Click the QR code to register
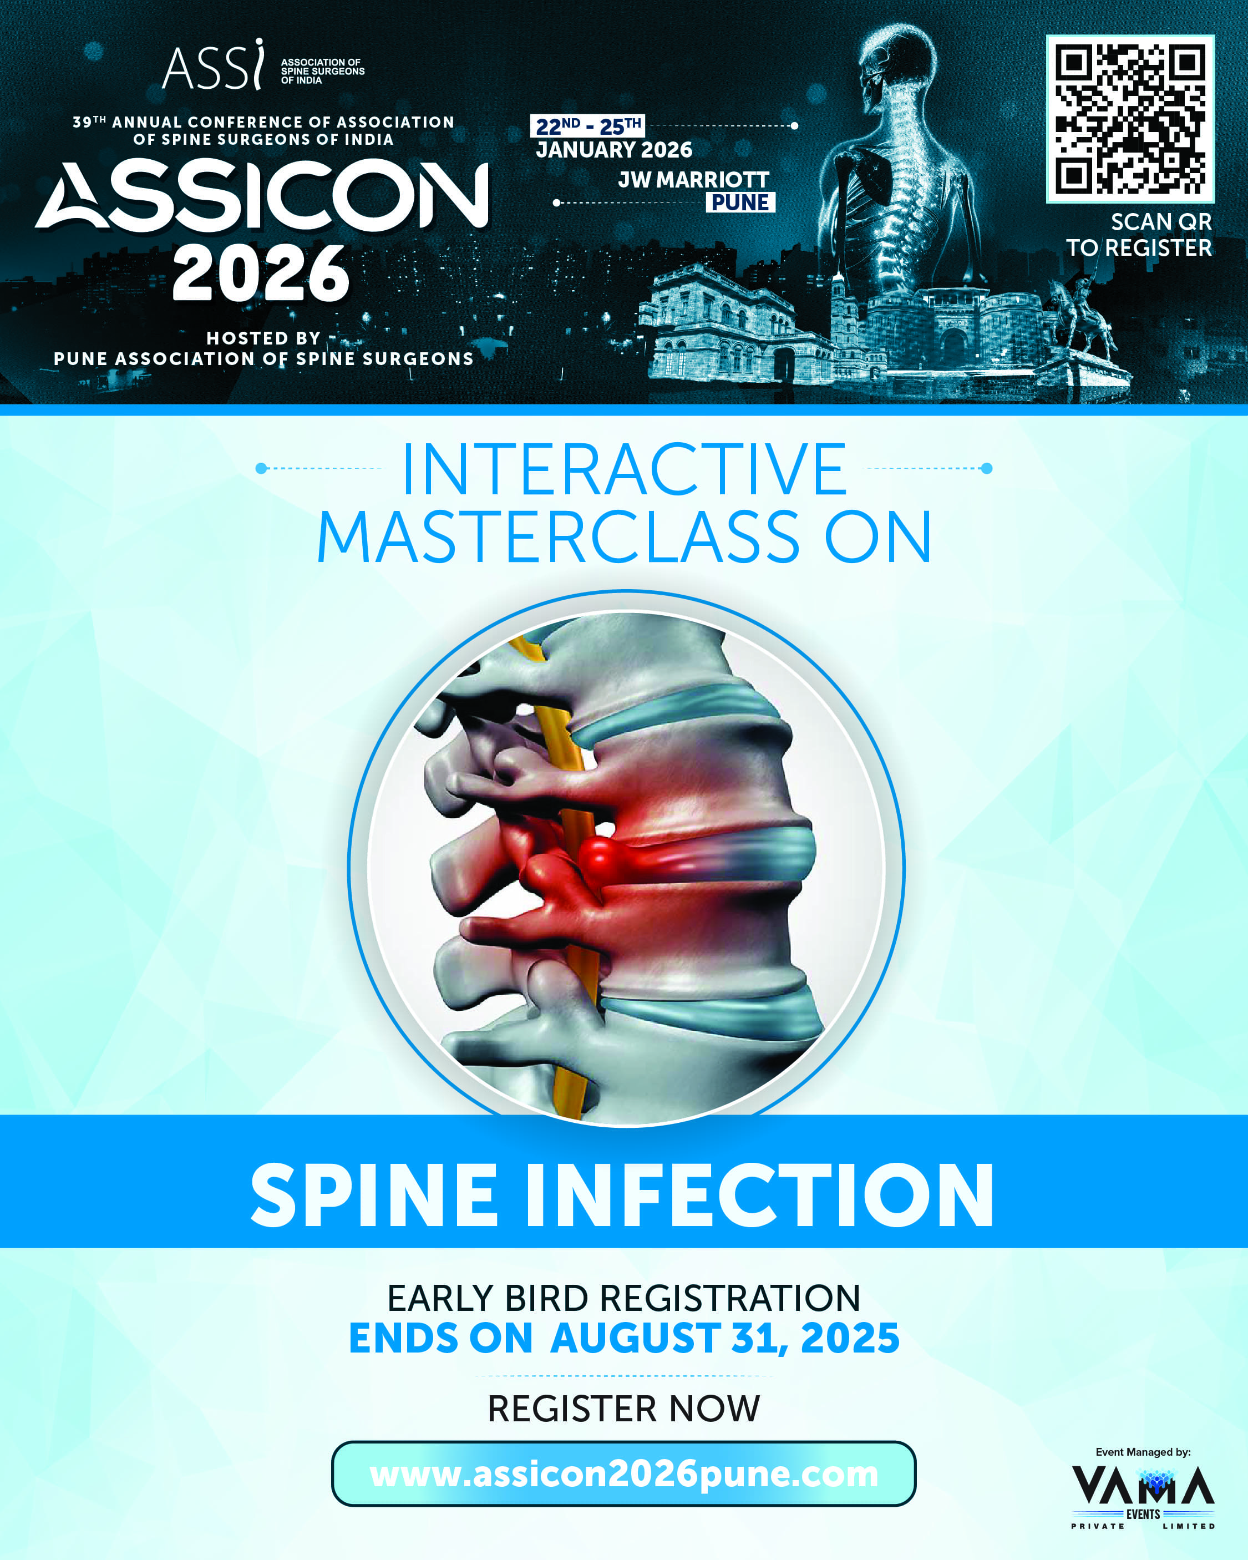[x=1130, y=119]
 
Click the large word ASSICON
[x=262, y=195]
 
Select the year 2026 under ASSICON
[x=261, y=273]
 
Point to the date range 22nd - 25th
[x=587, y=126]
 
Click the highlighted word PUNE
[x=740, y=202]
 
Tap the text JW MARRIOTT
[x=694, y=179]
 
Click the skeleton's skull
[x=897, y=62]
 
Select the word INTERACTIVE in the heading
[x=623, y=470]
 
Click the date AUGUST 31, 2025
[x=725, y=1338]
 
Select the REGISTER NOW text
[x=623, y=1408]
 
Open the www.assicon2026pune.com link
[x=623, y=1474]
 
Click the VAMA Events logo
[x=1143, y=1498]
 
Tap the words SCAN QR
[x=1161, y=221]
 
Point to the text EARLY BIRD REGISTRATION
[x=623, y=1298]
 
